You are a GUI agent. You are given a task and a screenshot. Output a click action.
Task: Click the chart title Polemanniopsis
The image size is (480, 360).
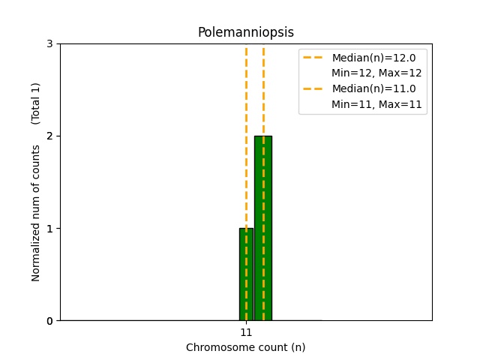click(x=245, y=32)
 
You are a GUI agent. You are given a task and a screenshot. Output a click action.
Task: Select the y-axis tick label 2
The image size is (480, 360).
click(x=49, y=136)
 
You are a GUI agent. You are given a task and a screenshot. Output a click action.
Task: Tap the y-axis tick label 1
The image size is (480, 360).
click(x=49, y=228)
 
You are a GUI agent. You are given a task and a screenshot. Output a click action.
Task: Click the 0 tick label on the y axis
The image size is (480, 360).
click(x=49, y=320)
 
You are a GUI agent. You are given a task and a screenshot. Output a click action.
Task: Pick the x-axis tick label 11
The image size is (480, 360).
click(x=246, y=332)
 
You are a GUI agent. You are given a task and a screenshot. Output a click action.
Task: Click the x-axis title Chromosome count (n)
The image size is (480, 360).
click(x=245, y=347)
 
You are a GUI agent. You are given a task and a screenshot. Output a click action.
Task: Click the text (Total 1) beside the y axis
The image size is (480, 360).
click(x=36, y=103)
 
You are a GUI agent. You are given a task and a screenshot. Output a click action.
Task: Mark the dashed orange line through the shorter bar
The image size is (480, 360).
click(x=246, y=150)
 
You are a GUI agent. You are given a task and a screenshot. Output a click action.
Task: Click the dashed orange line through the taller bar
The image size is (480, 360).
click(x=263, y=90)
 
